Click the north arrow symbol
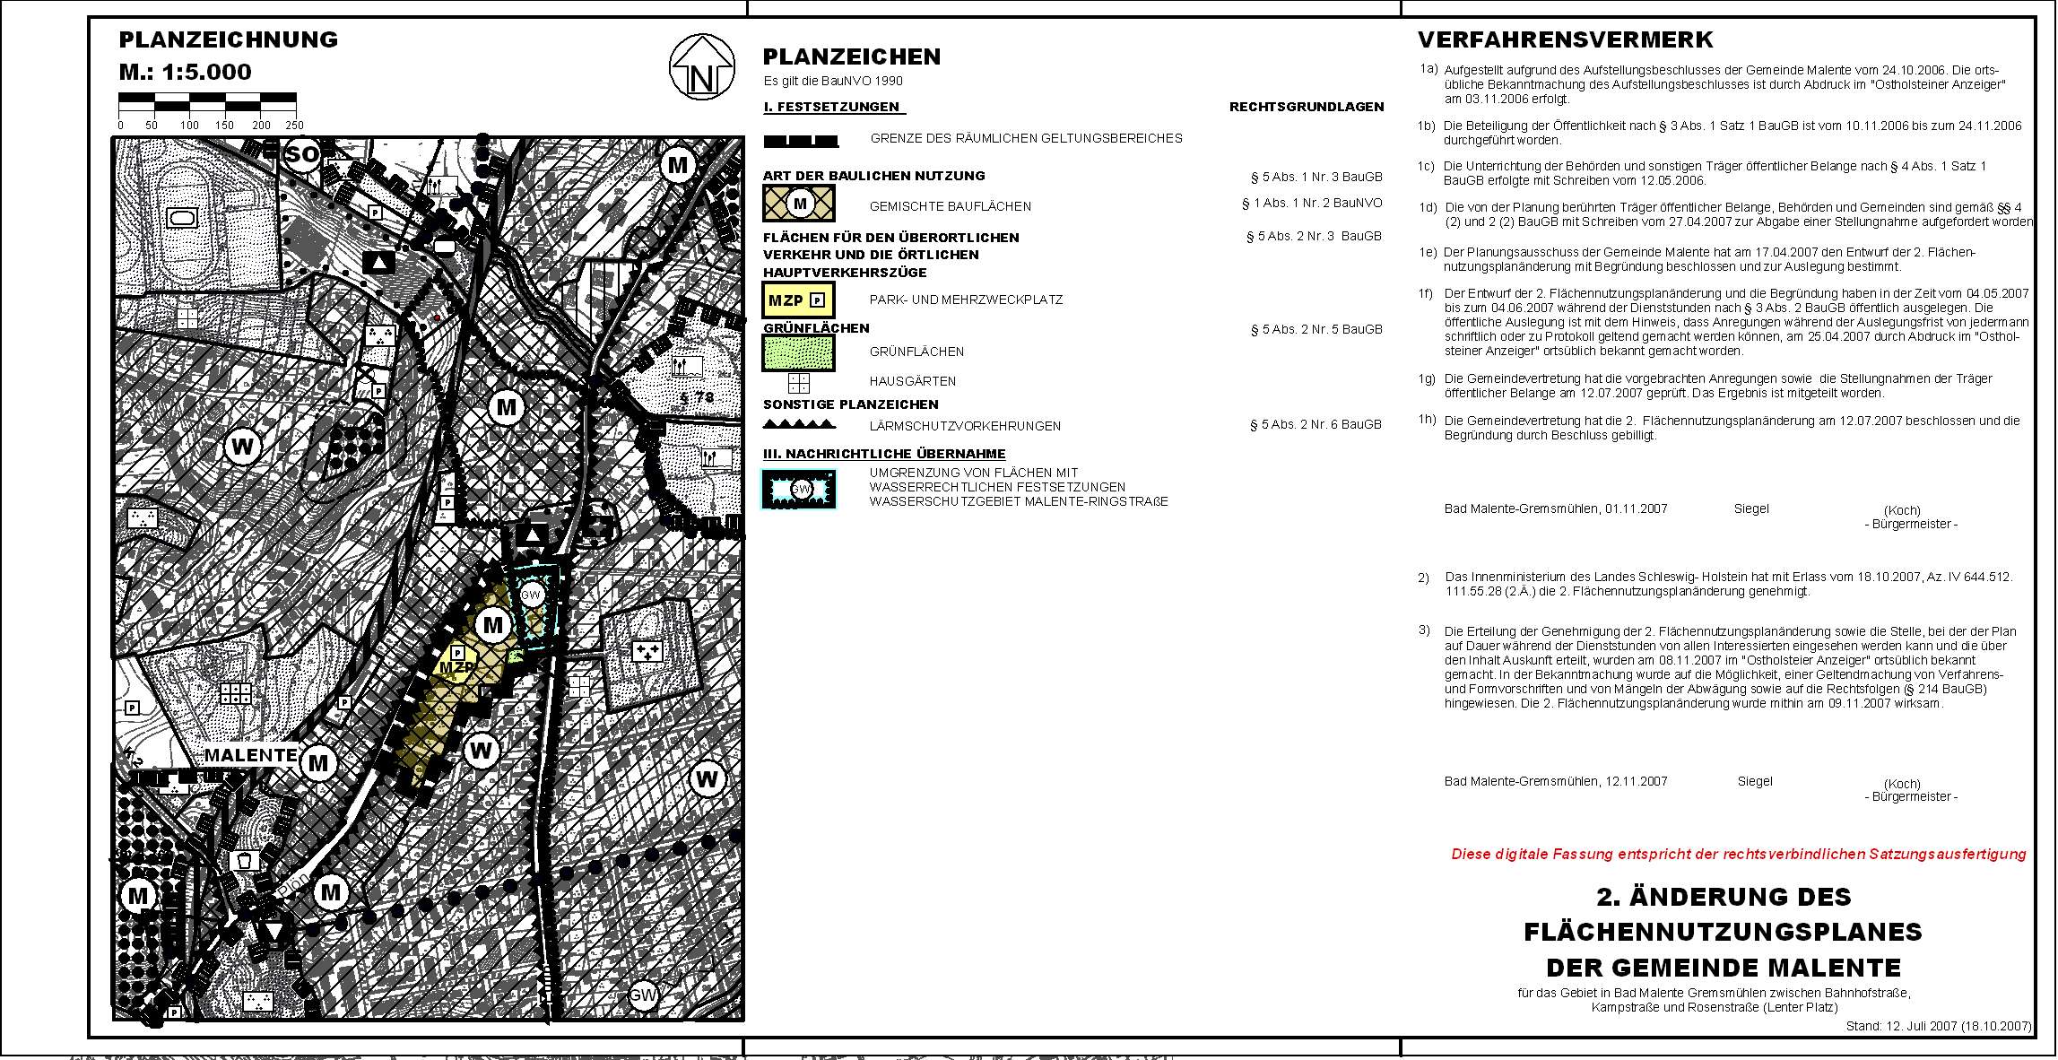(x=702, y=67)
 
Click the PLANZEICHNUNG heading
(x=229, y=40)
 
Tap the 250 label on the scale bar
(x=294, y=126)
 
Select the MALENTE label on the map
(x=250, y=755)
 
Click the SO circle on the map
(x=302, y=154)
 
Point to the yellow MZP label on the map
(x=457, y=667)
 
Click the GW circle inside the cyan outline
(x=532, y=595)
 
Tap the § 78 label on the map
(x=698, y=397)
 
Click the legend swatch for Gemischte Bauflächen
(x=798, y=204)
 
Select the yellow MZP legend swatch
(x=798, y=300)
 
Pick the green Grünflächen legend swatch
(x=798, y=352)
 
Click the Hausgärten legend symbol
(x=798, y=383)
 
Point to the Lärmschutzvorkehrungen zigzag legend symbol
(x=798, y=424)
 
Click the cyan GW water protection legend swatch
(x=799, y=489)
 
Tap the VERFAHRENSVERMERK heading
(x=1565, y=40)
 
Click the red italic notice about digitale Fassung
(x=1738, y=855)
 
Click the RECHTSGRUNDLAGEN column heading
(x=1306, y=107)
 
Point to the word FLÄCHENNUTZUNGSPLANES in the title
(x=1723, y=933)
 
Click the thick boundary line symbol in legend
(x=801, y=141)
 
